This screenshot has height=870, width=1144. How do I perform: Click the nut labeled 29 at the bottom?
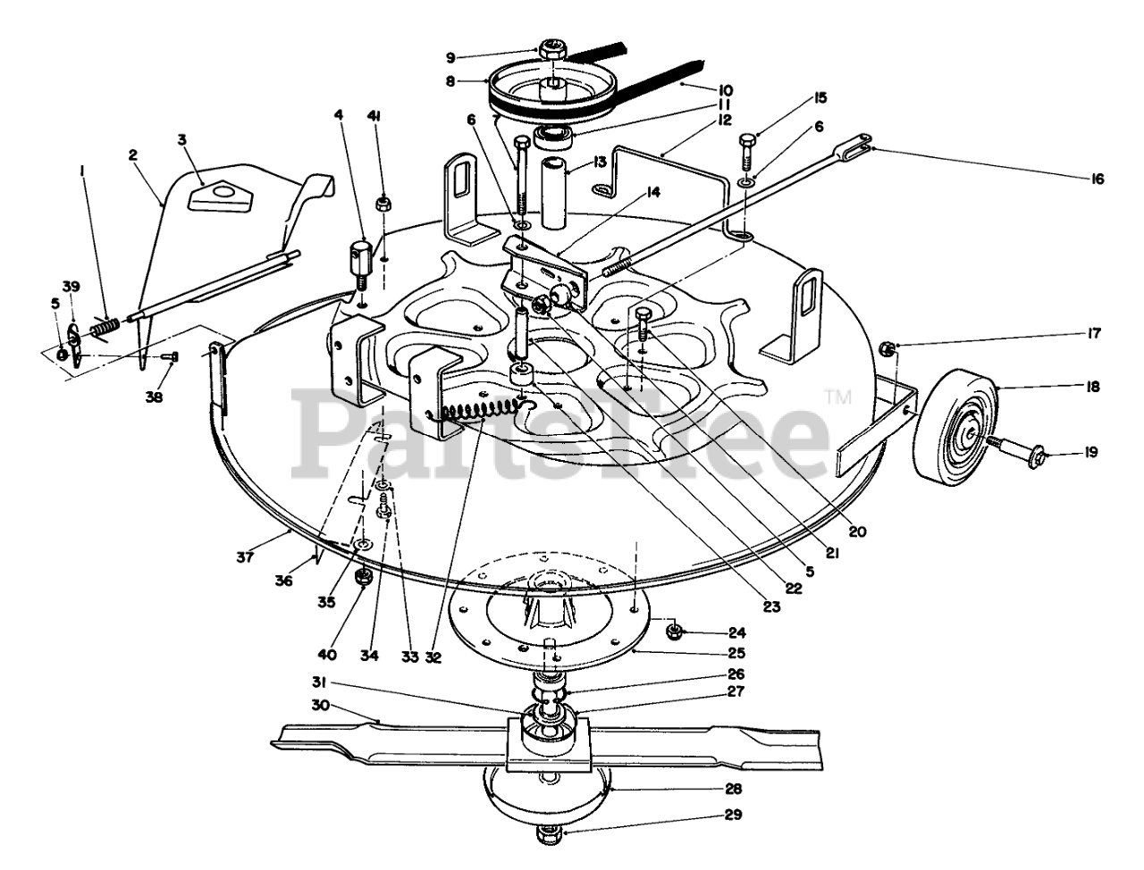pyautogui.click(x=547, y=837)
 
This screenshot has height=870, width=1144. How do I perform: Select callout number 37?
pyautogui.click(x=245, y=557)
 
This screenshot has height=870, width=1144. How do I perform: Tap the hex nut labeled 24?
pyautogui.click(x=677, y=632)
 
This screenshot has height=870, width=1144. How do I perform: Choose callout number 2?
pyautogui.click(x=133, y=155)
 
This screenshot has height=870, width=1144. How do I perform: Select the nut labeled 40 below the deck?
pyautogui.click(x=366, y=576)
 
